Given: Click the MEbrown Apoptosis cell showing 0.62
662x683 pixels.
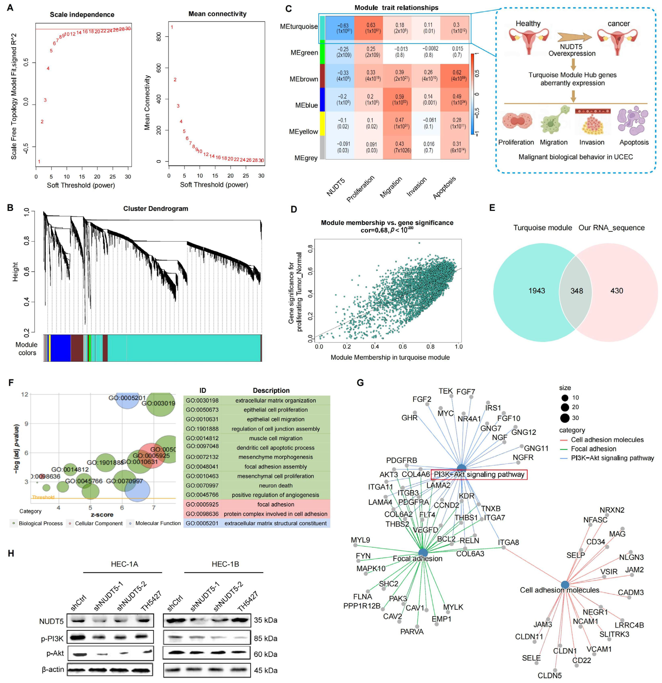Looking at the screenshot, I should [457, 76].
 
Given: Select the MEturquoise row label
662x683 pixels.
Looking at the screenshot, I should [299, 26].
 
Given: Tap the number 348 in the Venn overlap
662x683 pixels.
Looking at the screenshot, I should [576, 291].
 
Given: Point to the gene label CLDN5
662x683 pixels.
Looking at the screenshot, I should [549, 675].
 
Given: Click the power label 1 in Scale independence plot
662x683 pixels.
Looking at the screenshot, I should [39, 162].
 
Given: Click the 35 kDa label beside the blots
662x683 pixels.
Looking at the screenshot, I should [265, 620].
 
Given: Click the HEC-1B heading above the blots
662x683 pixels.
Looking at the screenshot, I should [225, 564].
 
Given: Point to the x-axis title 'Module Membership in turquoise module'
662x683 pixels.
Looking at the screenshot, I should [390, 357].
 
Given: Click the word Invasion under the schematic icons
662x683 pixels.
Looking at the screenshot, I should [591, 142].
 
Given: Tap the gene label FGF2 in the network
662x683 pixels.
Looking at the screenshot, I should [422, 399].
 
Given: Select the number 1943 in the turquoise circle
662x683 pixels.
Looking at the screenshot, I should [537, 291].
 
